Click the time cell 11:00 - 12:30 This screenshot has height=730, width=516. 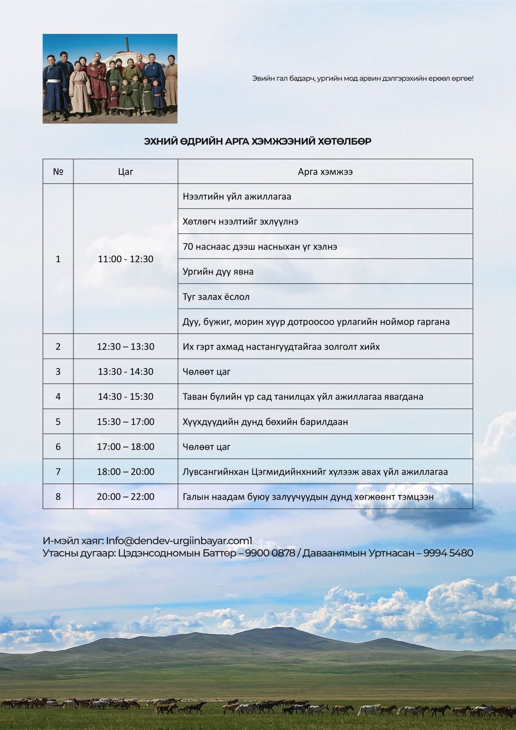(125, 259)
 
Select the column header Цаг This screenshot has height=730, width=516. (125, 172)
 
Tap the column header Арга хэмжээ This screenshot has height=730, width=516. (325, 172)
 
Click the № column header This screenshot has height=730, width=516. (58, 172)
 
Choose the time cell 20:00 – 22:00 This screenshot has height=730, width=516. (125, 496)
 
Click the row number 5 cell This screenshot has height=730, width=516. (58, 422)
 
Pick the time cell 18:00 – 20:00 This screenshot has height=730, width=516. (125, 472)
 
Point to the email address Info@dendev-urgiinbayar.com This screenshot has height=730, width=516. (179, 541)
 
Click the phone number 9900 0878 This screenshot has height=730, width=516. (270, 553)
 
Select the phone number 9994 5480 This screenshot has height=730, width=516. (448, 553)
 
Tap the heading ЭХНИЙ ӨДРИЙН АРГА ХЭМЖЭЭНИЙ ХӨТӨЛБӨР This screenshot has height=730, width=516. (257, 141)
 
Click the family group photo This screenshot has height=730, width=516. (110, 79)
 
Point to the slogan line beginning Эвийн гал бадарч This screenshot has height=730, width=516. (363, 78)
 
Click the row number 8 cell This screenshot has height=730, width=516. (58, 496)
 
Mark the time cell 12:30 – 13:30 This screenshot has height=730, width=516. (125, 346)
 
